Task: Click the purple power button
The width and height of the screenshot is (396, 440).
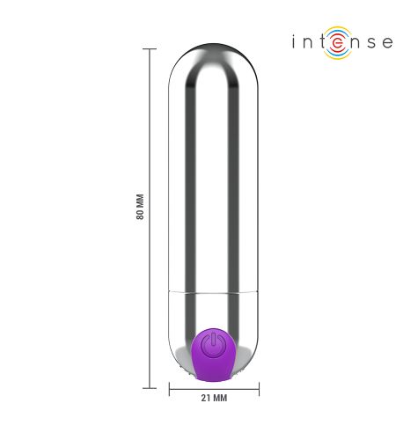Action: coord(213,355)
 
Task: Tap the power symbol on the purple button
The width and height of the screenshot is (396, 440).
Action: coord(213,344)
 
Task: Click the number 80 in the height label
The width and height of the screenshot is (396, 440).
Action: coord(140,215)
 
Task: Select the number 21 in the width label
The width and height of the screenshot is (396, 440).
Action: coord(206,398)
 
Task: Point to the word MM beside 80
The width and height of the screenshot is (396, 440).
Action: coord(140,201)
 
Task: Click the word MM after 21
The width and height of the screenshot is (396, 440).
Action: coord(220,398)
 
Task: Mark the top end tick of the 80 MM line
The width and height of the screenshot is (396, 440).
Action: coord(150,49)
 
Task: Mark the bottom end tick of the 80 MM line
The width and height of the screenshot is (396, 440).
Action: coord(150,388)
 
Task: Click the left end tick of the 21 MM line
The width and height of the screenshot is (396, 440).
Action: coord(169,389)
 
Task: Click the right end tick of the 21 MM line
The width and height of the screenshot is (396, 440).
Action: coord(259,389)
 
